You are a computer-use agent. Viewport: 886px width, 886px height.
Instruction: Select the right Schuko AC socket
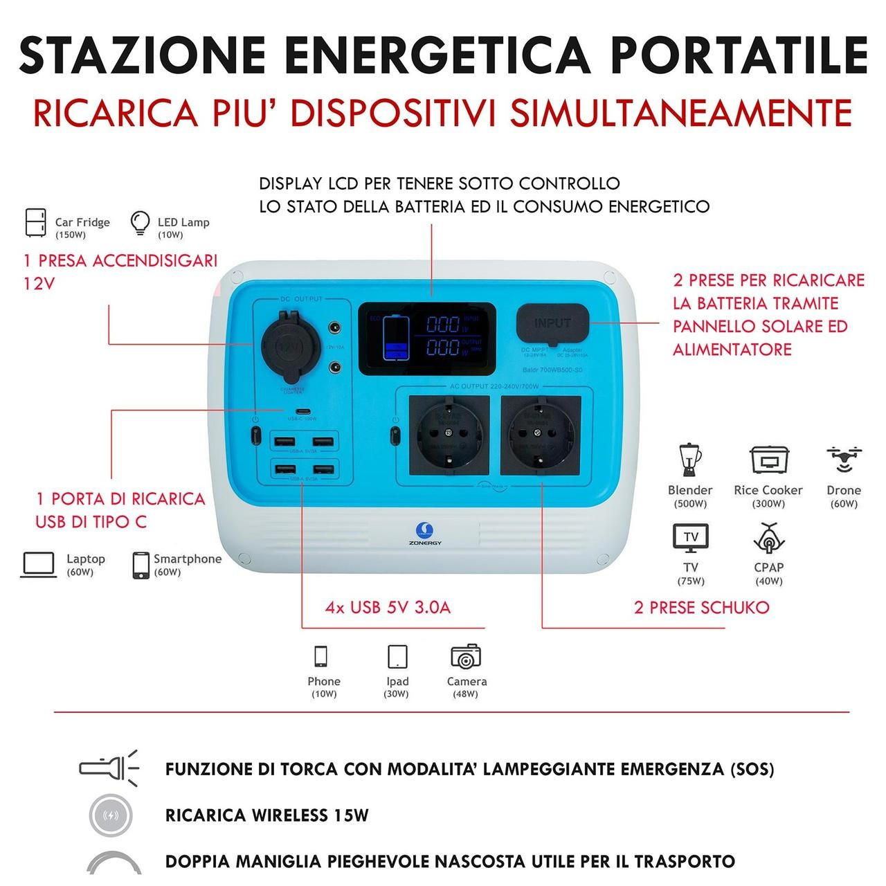(x=541, y=435)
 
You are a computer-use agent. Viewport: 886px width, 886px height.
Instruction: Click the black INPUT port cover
(x=552, y=324)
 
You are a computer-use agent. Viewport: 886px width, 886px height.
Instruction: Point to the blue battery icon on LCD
(x=397, y=337)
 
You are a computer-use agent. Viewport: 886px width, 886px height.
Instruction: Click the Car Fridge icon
(x=35, y=224)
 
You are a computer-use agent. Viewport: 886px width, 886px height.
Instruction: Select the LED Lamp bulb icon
(x=140, y=224)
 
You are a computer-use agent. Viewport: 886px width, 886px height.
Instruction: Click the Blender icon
(x=689, y=460)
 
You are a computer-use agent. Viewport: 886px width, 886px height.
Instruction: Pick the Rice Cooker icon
(x=769, y=460)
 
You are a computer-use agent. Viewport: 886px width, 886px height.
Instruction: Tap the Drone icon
(x=844, y=460)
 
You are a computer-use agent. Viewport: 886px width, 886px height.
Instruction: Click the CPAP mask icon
(x=768, y=539)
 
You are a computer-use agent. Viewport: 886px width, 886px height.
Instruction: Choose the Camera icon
(x=466, y=656)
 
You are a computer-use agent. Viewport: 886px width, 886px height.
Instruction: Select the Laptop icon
(x=39, y=565)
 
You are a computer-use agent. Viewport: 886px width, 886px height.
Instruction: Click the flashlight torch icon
(x=109, y=767)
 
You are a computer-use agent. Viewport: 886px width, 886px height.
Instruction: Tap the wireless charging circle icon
(x=111, y=815)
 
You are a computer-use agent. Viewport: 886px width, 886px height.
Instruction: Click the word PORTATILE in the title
(x=740, y=54)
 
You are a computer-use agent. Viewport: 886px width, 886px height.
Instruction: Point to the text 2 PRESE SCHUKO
(x=701, y=608)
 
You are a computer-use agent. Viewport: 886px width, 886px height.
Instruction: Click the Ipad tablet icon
(x=397, y=656)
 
